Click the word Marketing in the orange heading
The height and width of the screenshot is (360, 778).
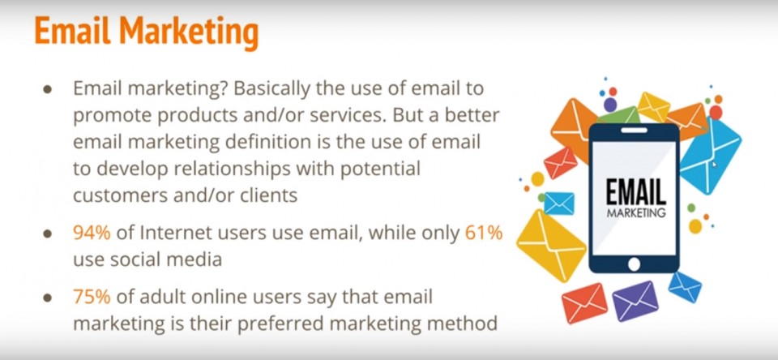(x=189, y=32)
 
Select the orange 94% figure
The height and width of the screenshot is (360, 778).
(x=92, y=233)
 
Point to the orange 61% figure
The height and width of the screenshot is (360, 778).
(x=484, y=233)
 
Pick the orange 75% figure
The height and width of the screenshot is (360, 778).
(x=92, y=297)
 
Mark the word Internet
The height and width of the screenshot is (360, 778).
(x=174, y=233)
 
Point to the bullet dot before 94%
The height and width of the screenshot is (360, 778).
(x=48, y=234)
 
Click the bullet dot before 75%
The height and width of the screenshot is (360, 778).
(x=48, y=298)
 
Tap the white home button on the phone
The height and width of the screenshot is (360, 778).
(x=634, y=264)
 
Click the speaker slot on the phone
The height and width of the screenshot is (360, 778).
(x=634, y=131)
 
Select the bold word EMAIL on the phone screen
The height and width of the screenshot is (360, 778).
(x=635, y=193)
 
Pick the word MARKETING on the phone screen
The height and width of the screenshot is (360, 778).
(x=635, y=213)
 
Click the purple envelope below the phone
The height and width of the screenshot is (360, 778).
(x=635, y=302)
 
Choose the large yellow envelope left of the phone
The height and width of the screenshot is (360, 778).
(x=551, y=246)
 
